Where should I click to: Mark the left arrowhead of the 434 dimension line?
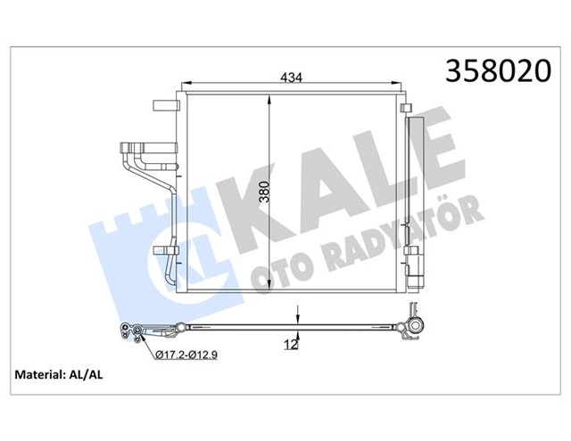(x=184, y=86)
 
